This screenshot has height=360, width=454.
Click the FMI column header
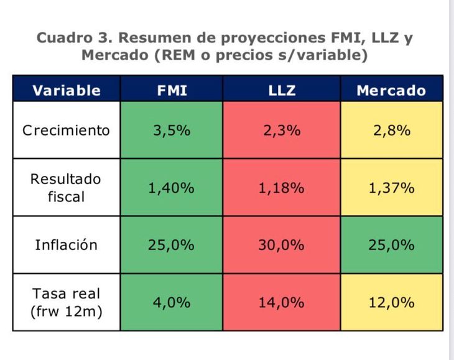(x=172, y=90)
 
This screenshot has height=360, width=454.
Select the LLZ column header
(x=282, y=90)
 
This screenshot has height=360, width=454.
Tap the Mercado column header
(x=391, y=90)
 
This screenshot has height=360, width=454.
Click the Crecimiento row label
(x=66, y=130)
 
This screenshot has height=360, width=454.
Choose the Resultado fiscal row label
(x=66, y=188)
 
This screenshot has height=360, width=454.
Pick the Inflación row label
(x=66, y=245)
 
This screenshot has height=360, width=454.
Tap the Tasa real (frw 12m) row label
(x=67, y=302)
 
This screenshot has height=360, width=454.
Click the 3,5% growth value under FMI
(x=172, y=131)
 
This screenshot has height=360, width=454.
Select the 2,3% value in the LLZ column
(x=282, y=131)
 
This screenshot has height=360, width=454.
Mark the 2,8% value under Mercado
(x=392, y=131)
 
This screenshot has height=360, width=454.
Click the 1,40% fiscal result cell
(x=172, y=188)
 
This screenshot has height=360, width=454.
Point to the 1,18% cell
(x=282, y=188)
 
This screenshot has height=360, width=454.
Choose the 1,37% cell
(x=391, y=188)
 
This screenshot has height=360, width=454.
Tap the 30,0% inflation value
(x=282, y=245)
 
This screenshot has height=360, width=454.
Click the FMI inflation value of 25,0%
(x=172, y=245)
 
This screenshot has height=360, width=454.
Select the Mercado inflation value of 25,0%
(x=391, y=245)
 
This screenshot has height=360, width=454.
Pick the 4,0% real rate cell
(x=172, y=303)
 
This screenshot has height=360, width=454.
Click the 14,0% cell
(x=282, y=303)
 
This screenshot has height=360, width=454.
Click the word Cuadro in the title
(x=65, y=38)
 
